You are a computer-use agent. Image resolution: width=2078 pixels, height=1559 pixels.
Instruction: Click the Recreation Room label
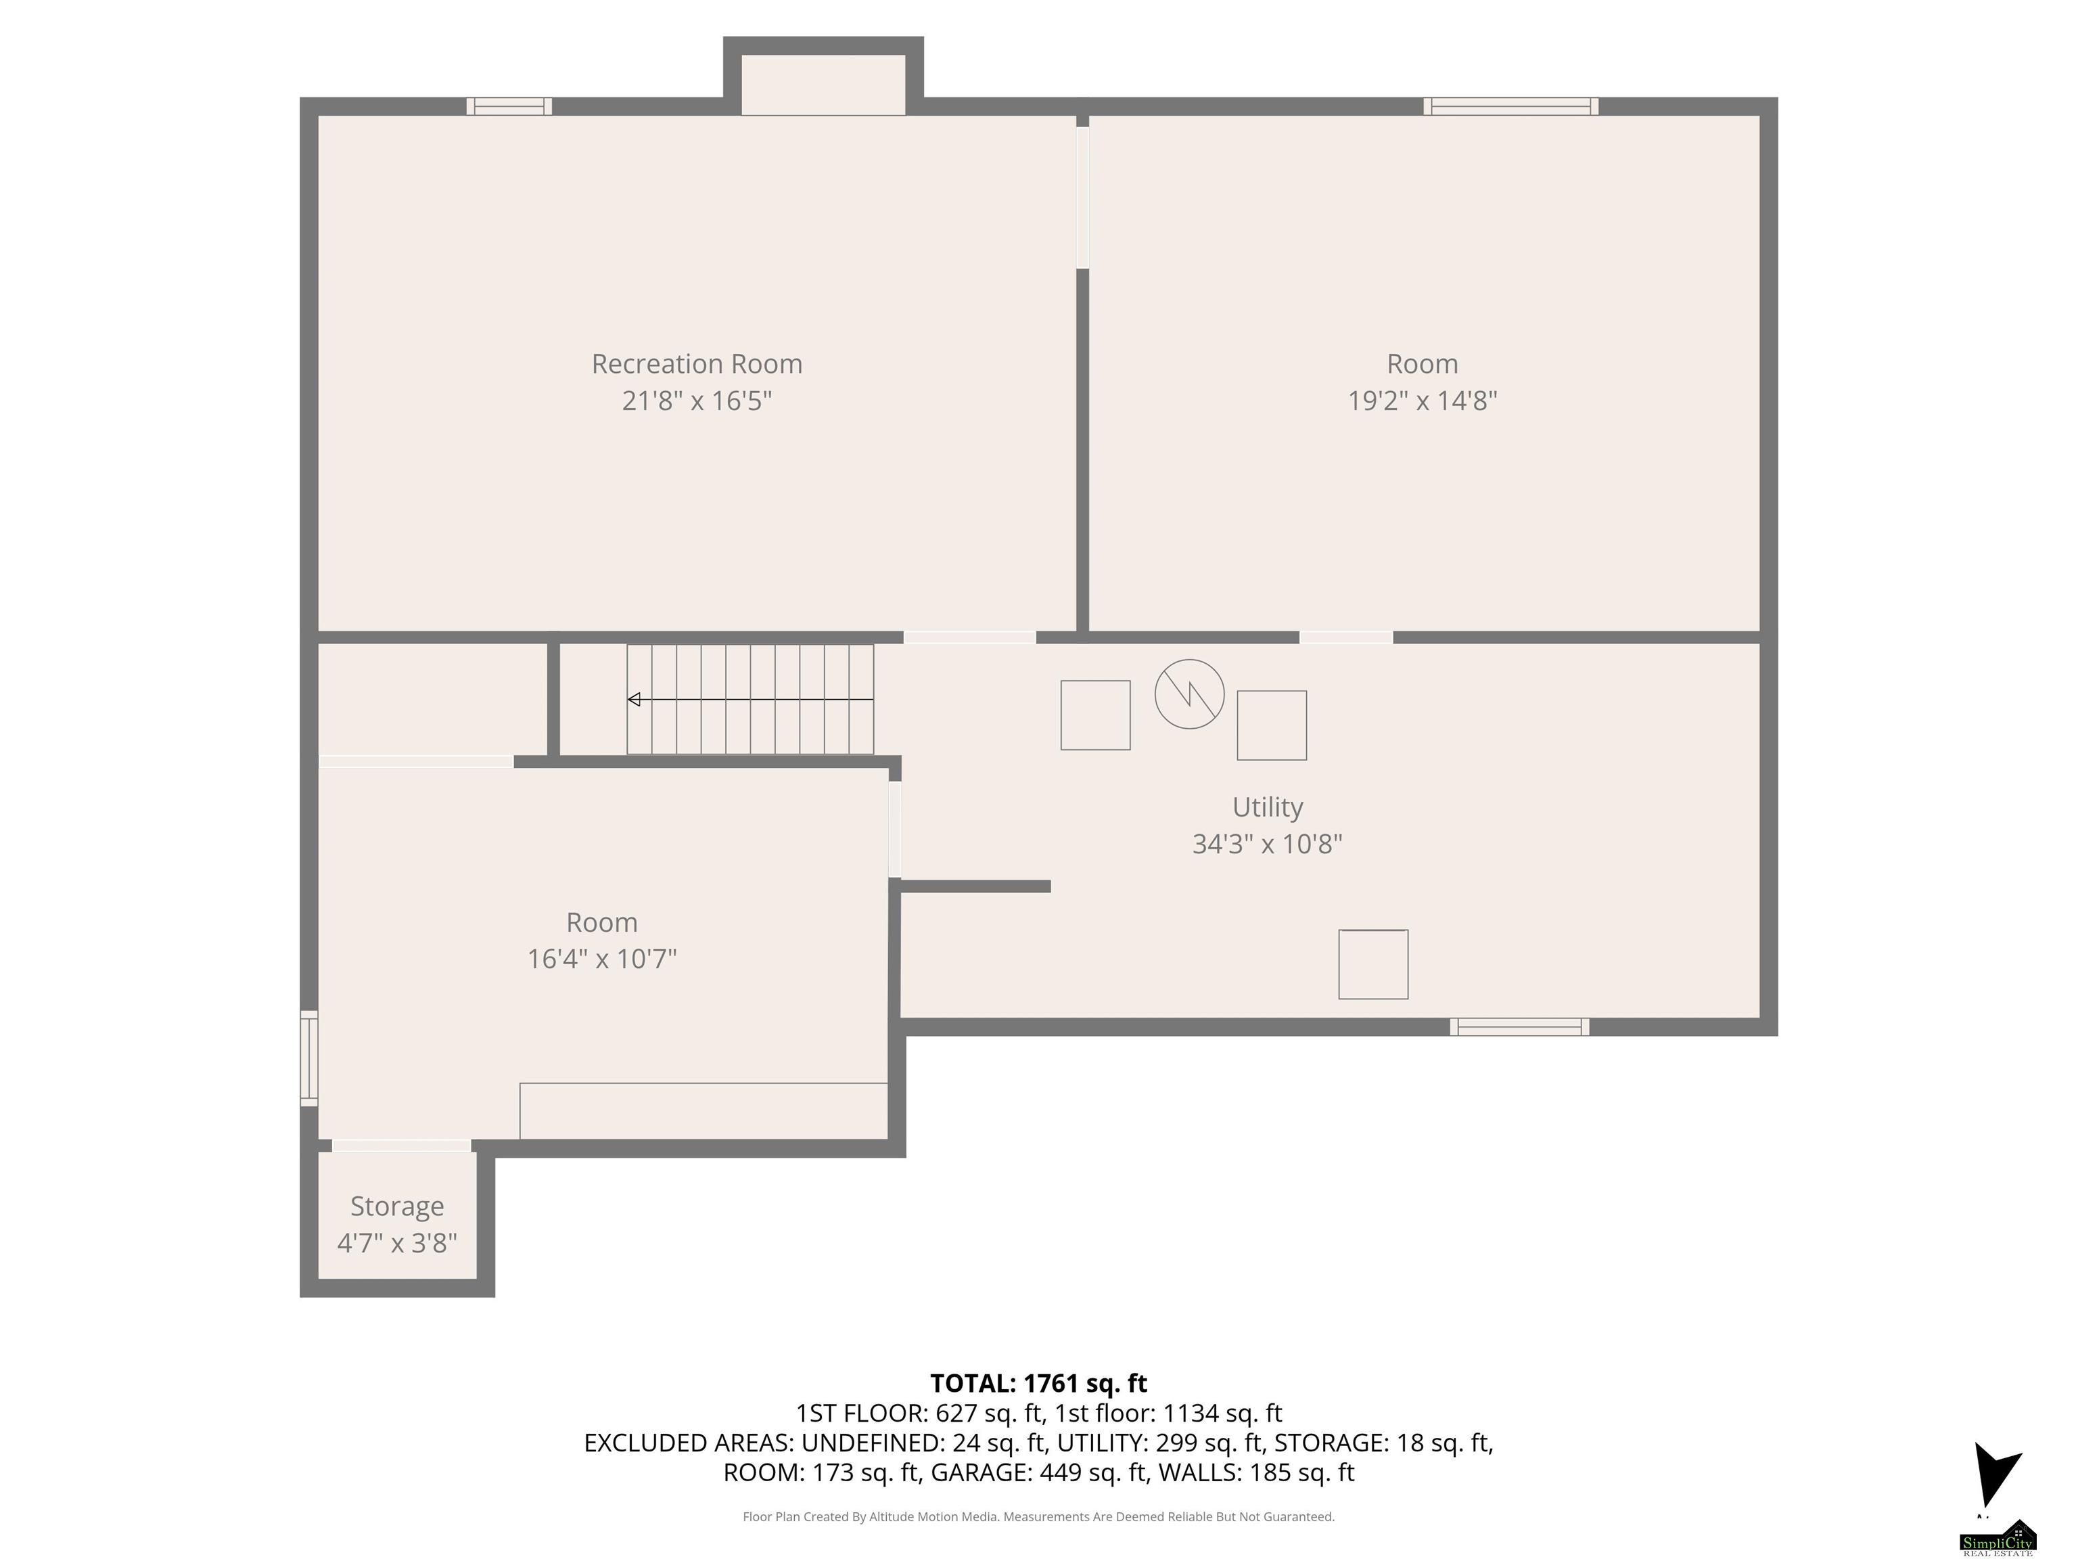(x=696, y=363)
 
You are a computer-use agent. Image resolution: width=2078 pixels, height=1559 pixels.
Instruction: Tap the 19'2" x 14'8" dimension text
(x=1423, y=401)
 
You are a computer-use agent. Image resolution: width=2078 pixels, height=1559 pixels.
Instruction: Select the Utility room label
(x=1267, y=807)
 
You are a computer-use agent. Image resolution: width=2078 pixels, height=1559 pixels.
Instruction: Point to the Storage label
(x=396, y=1206)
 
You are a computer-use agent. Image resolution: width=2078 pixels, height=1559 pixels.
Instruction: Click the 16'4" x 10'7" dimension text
(x=602, y=959)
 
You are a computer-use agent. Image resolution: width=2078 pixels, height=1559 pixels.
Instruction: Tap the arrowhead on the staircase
(x=634, y=699)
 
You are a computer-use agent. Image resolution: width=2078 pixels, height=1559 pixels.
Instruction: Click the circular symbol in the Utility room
(x=1189, y=694)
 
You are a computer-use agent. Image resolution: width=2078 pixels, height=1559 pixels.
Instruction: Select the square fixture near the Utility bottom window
(x=1372, y=964)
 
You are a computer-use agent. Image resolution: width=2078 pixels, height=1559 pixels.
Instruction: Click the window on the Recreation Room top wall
(x=509, y=106)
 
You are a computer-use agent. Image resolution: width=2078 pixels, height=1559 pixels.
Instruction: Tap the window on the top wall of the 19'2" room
(x=1510, y=106)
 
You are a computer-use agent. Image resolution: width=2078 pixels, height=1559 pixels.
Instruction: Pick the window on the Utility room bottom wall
(x=1519, y=1027)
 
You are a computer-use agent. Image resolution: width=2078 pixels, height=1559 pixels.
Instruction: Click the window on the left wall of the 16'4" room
(x=309, y=1058)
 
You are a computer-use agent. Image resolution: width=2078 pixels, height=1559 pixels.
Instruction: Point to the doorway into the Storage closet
(x=401, y=1146)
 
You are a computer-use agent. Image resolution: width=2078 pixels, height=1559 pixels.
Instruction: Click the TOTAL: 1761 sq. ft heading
(x=1038, y=1383)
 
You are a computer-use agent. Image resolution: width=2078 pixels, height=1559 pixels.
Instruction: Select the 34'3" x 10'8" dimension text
(x=1267, y=844)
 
